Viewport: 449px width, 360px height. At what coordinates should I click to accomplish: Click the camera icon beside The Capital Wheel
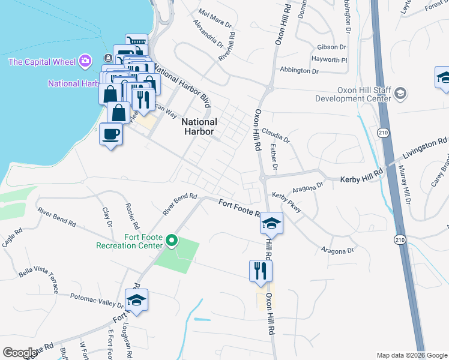point(85,61)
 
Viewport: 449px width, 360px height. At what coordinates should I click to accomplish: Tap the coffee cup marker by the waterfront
point(111,133)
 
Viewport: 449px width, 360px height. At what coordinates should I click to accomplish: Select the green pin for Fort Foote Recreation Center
point(172,241)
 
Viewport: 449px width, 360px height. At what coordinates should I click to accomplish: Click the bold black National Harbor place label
point(199,127)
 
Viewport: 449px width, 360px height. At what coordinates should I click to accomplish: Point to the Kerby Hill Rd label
point(361,178)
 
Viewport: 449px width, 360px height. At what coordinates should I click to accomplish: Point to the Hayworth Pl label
point(329,59)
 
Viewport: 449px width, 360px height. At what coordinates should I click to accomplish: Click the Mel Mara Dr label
point(215,19)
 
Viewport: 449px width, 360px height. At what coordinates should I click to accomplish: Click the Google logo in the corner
point(20,353)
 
